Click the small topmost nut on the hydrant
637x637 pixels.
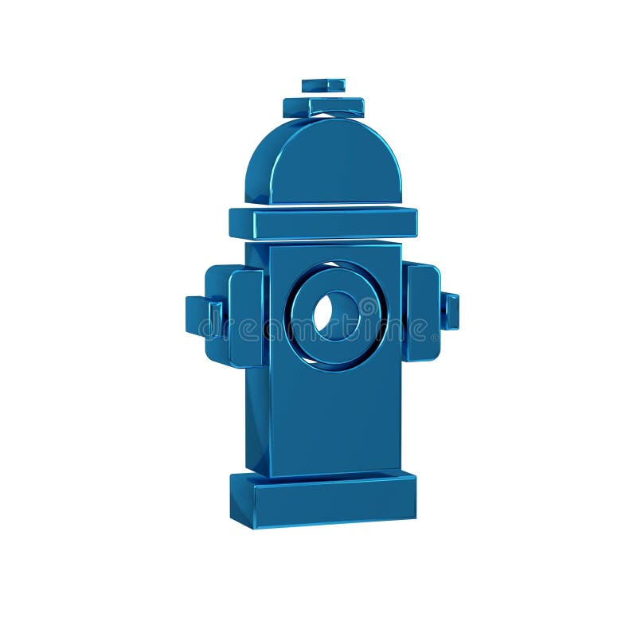point(323,84)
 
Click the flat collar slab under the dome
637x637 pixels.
point(334,224)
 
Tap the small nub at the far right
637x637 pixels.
point(451,311)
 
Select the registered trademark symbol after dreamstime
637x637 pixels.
point(436,338)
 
